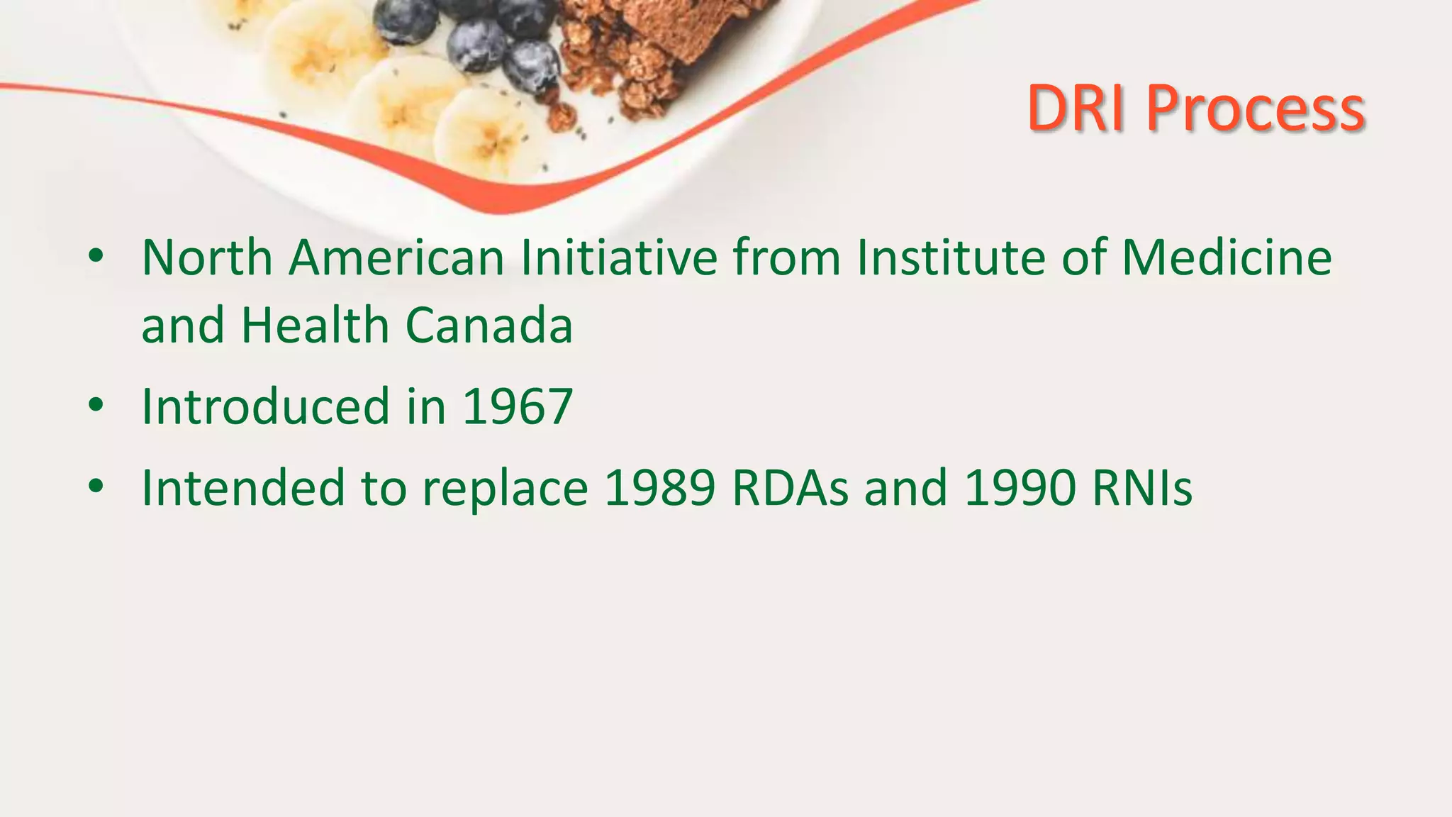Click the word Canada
coord(488,326)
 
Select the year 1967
coord(517,406)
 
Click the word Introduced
coord(266,406)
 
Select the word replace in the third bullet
coord(505,489)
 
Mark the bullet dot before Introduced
coord(96,406)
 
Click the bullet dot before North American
coord(96,256)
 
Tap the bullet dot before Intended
coord(96,487)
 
